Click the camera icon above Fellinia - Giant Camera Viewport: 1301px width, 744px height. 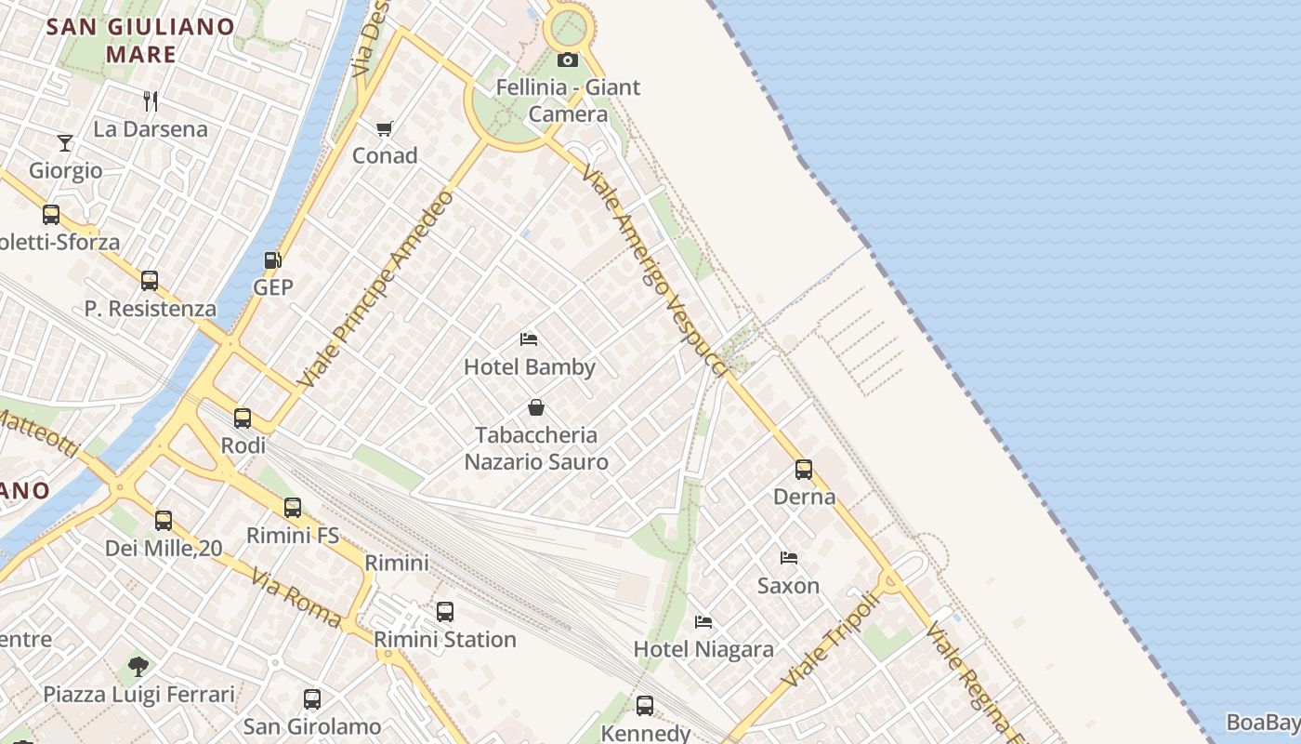pyautogui.click(x=567, y=60)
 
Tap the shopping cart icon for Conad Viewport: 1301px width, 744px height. pyautogui.click(x=384, y=128)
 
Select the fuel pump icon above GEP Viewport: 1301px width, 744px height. pyautogui.click(x=272, y=260)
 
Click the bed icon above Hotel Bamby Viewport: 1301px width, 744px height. pyautogui.click(x=529, y=339)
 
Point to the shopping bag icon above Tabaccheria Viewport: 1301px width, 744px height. pyautogui.click(x=536, y=407)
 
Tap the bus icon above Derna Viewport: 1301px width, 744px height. pyautogui.click(x=804, y=470)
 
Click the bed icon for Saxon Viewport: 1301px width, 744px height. pyautogui.click(x=789, y=558)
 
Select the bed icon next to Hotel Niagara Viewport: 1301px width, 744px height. pyautogui.click(x=703, y=621)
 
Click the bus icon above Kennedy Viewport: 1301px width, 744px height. pyautogui.click(x=645, y=706)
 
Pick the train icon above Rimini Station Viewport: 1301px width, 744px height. pyautogui.click(x=445, y=612)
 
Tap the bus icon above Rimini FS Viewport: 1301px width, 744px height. pyautogui.click(x=293, y=508)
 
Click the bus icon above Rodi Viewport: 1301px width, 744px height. pyautogui.click(x=243, y=418)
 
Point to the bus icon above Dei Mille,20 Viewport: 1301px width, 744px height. pyautogui.click(x=164, y=521)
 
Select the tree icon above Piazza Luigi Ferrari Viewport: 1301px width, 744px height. pyautogui.click(x=138, y=666)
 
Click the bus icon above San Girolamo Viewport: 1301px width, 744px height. pyautogui.click(x=312, y=699)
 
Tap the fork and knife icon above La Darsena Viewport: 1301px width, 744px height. pyautogui.click(x=151, y=100)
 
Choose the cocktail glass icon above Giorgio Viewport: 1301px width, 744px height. pyautogui.click(x=65, y=142)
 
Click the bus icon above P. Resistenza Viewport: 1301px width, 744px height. pyautogui.click(x=150, y=281)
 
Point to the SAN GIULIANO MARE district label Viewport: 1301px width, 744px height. pyautogui.click(x=140, y=40)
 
